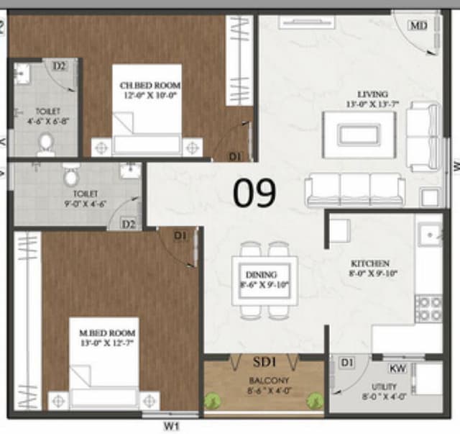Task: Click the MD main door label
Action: [x=418, y=25]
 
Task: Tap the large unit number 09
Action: [x=254, y=192]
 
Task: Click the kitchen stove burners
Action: [x=429, y=309]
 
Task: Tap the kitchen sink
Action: [x=430, y=235]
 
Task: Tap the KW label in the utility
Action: [x=397, y=368]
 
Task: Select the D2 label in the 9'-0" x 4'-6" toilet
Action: [x=128, y=224]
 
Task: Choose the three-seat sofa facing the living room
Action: [x=355, y=190]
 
